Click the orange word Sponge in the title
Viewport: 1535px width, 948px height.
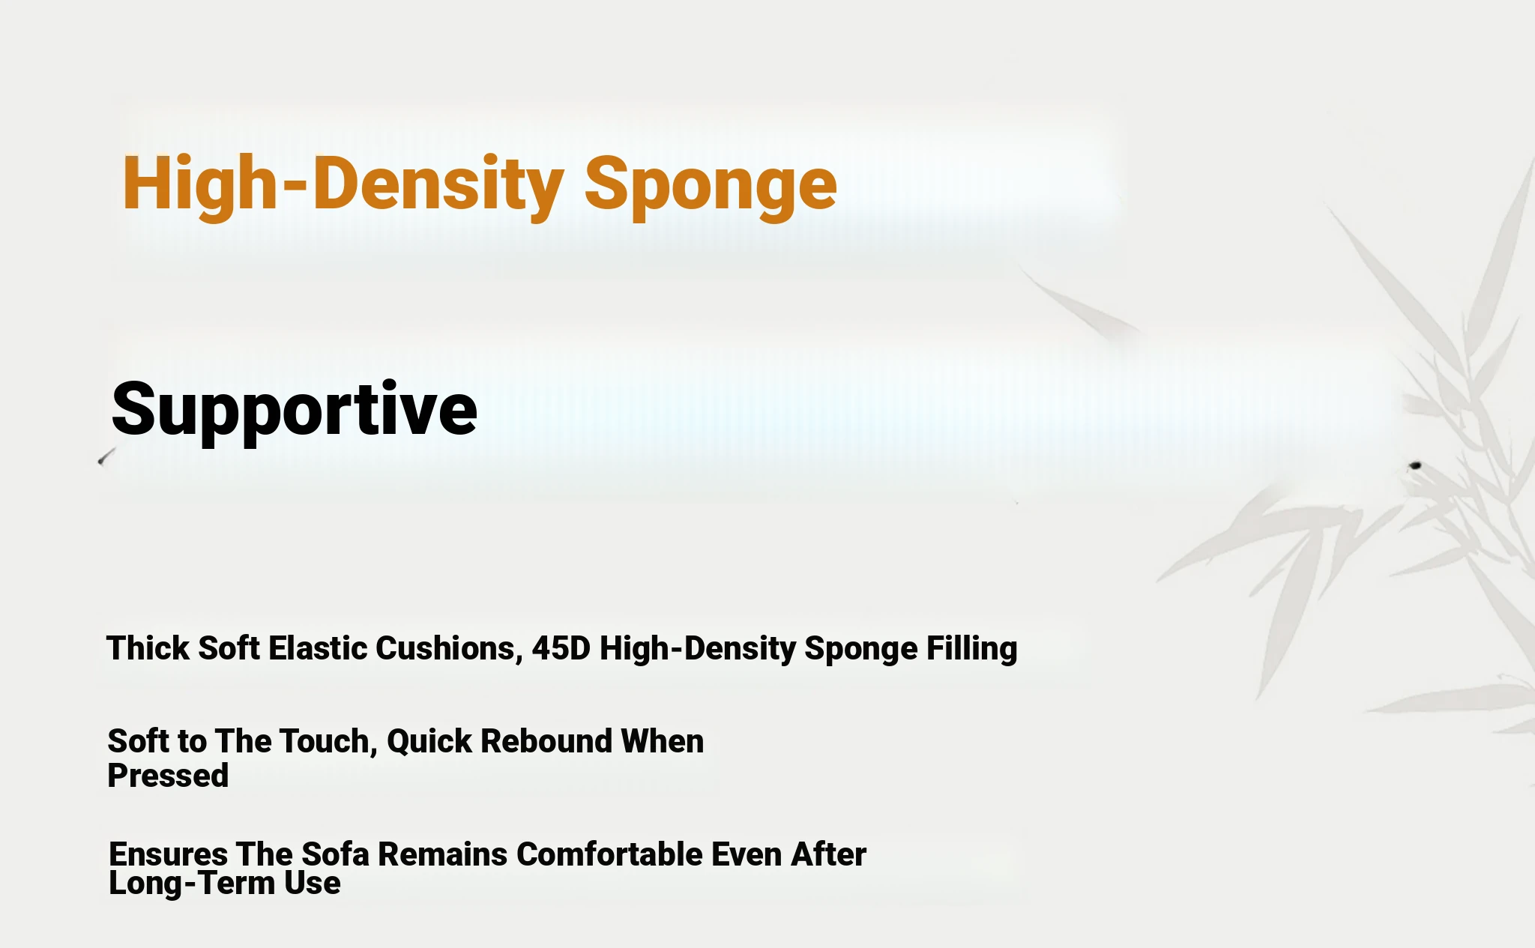tap(710, 187)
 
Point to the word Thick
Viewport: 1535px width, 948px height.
tap(148, 648)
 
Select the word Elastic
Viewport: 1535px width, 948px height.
tap(318, 648)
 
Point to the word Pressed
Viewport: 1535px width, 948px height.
tap(168, 776)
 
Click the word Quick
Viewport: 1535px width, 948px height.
tap(429, 742)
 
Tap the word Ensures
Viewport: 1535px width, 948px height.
tap(169, 854)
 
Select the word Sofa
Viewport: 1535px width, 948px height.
tap(335, 854)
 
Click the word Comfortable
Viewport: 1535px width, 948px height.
tap(609, 854)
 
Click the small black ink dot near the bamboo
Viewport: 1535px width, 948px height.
tap(1415, 466)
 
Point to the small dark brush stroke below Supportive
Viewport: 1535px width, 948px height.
tap(107, 456)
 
